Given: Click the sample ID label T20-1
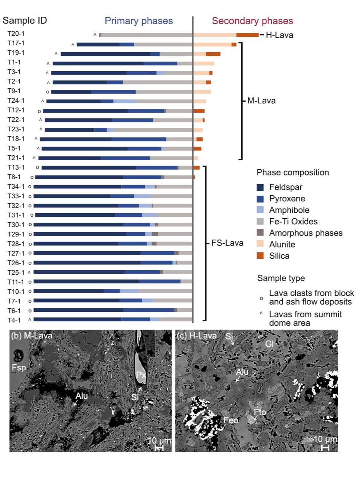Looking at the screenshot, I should pos(16,33).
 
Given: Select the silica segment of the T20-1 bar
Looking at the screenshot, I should pos(247,35).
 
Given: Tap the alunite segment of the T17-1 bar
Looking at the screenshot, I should pos(212,45).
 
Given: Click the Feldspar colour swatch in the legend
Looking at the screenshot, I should pos(260,187).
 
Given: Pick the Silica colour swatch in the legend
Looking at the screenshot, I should pos(260,256).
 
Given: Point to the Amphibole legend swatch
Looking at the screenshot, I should pos(260,210).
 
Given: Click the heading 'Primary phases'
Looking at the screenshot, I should pos(139,21).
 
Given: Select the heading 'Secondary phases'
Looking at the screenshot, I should pos(253,21).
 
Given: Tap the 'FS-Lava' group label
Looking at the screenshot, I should pos(227,243).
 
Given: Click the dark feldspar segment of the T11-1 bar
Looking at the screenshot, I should pos(86,282).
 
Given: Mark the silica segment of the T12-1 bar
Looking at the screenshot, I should pos(199,111).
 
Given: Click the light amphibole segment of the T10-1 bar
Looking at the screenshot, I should pos(129,291).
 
